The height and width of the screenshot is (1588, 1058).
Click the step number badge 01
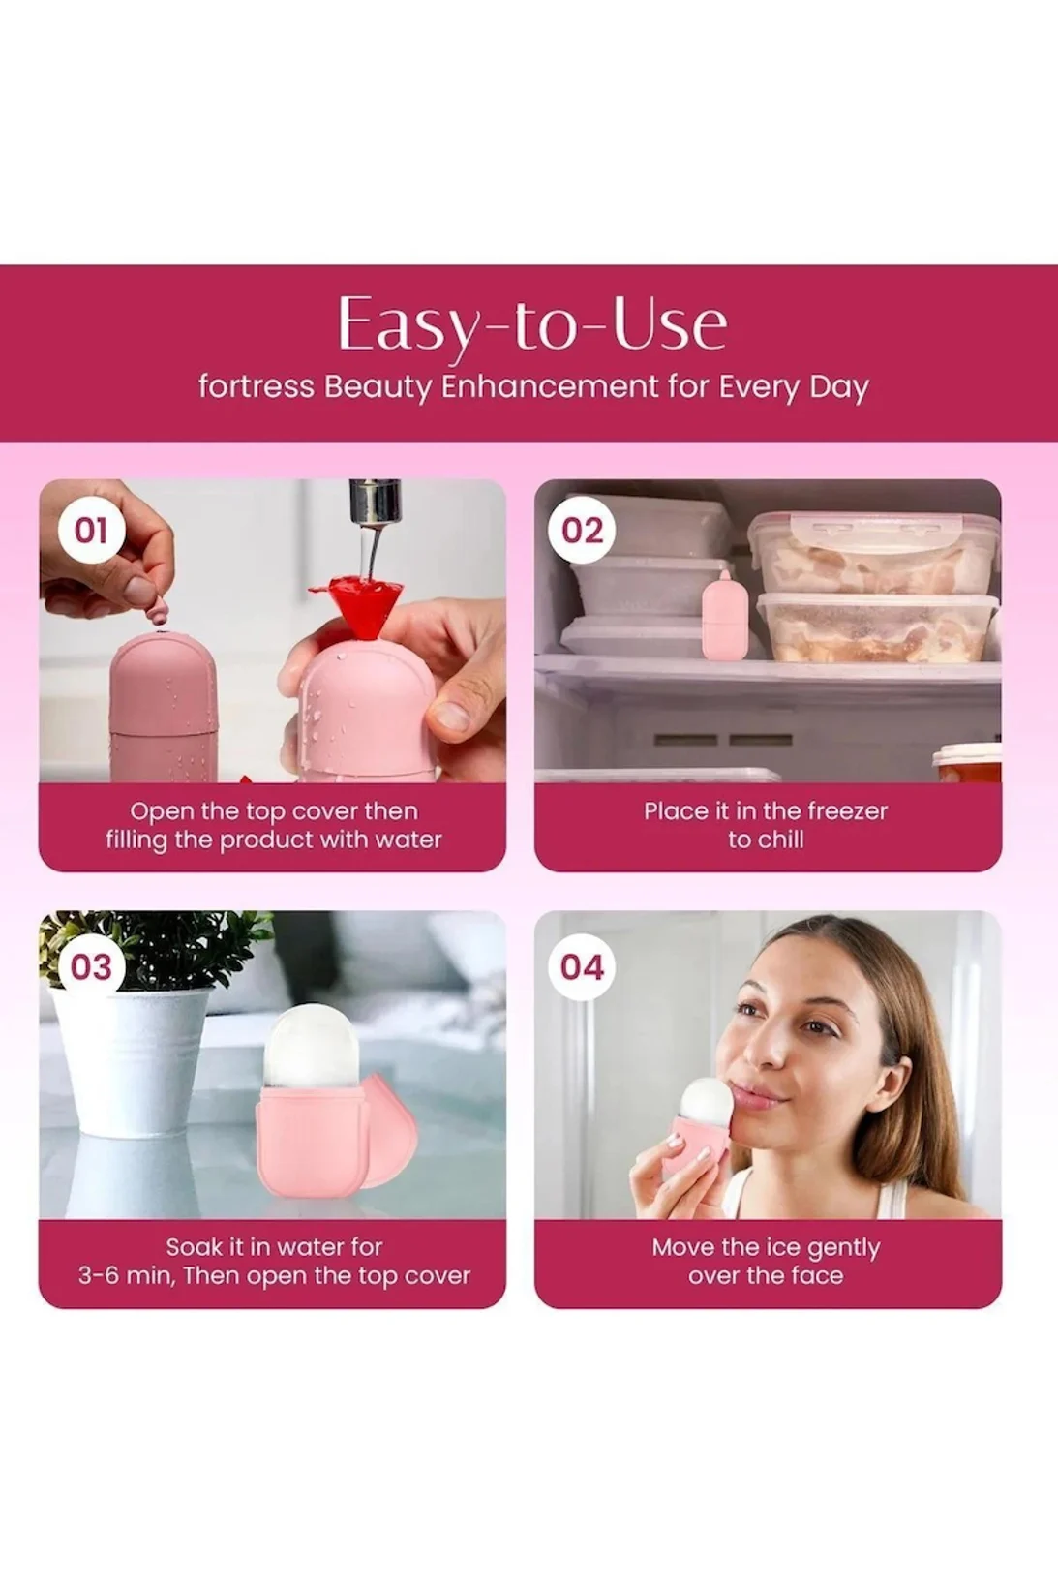pos(90,531)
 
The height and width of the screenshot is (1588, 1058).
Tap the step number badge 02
pos(582,531)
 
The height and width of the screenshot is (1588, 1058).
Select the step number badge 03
pos(90,967)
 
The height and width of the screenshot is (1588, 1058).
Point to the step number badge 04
pos(582,967)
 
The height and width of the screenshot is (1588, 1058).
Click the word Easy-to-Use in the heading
pos(532,325)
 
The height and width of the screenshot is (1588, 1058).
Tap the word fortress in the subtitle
pos(256,387)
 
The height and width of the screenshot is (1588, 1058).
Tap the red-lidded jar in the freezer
pos(967,764)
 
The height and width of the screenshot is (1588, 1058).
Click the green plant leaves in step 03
pos(152,949)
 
